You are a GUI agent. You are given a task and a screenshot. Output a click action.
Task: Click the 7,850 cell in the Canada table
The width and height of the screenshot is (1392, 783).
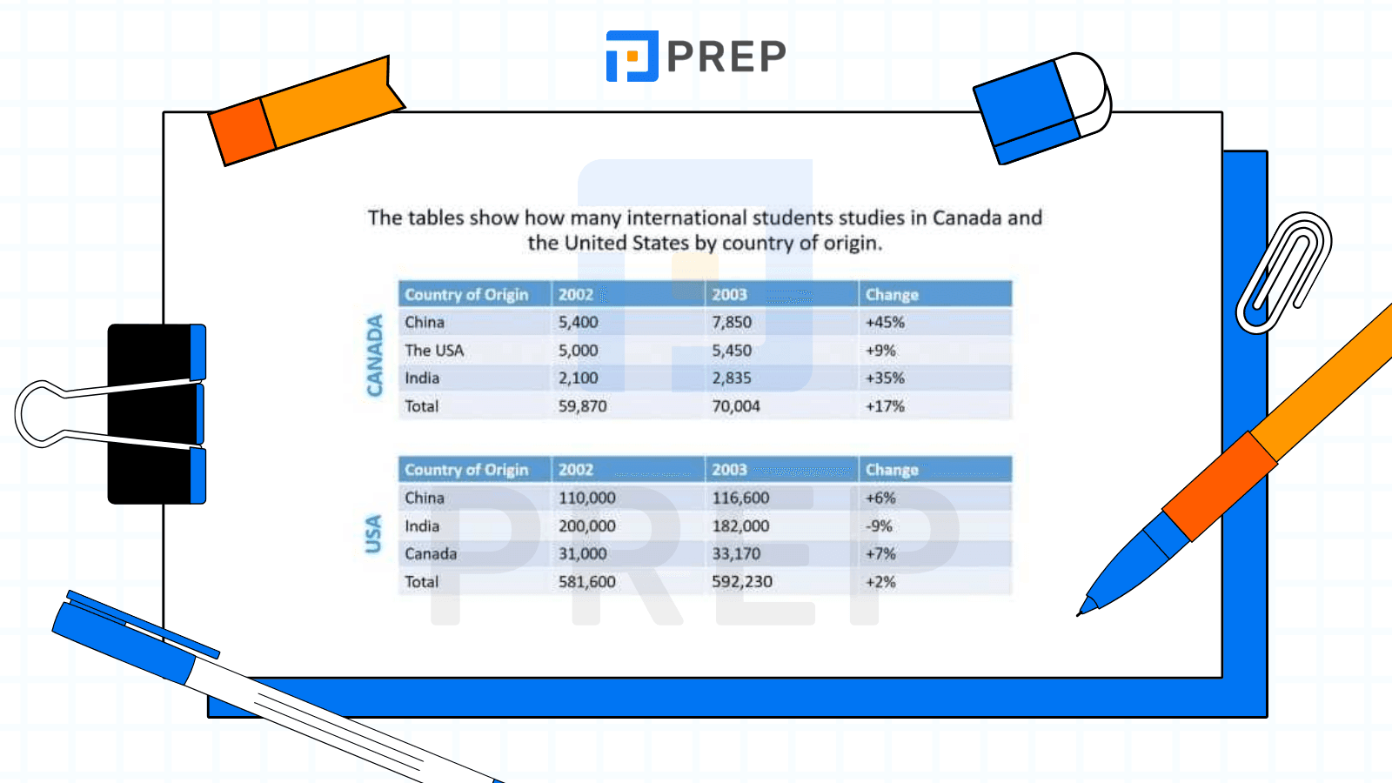(732, 323)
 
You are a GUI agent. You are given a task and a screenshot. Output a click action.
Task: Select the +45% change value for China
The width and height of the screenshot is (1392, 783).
(885, 323)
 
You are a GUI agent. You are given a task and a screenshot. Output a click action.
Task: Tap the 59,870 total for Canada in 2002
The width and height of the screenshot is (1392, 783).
(582, 406)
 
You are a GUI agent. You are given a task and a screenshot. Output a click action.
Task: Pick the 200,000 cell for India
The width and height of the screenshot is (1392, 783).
(586, 526)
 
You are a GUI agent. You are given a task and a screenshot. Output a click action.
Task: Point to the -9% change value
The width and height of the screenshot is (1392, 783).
(879, 526)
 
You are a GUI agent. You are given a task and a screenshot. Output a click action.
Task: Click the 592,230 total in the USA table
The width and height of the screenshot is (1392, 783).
(742, 582)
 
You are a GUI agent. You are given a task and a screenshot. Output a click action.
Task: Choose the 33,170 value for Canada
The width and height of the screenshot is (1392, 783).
(736, 553)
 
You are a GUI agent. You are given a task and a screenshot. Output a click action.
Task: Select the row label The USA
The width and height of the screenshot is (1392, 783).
(434, 351)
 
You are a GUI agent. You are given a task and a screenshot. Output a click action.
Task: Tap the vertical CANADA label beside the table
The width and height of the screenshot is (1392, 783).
(375, 356)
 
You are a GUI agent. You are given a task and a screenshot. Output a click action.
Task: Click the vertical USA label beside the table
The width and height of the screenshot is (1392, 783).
(373, 534)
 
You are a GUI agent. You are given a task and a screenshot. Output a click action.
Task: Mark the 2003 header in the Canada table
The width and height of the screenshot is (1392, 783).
(730, 295)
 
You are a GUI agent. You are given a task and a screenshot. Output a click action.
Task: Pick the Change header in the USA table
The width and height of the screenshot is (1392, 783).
(892, 470)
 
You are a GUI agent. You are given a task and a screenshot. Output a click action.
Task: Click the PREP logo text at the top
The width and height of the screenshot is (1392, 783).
(726, 56)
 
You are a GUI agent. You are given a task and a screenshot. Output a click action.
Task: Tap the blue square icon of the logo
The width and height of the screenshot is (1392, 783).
(632, 56)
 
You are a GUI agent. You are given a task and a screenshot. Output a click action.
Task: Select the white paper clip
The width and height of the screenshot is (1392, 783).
(1284, 272)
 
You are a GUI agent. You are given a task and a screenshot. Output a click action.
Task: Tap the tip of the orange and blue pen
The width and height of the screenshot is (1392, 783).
(1079, 614)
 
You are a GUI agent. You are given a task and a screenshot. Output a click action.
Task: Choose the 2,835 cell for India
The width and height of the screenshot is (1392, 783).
(732, 378)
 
